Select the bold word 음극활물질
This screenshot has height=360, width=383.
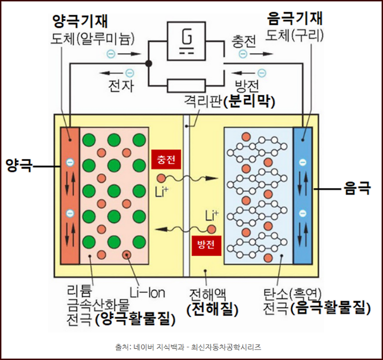(x=331, y=307)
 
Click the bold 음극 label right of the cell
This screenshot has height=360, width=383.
(x=357, y=188)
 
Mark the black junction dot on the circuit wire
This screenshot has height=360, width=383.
(x=149, y=63)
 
